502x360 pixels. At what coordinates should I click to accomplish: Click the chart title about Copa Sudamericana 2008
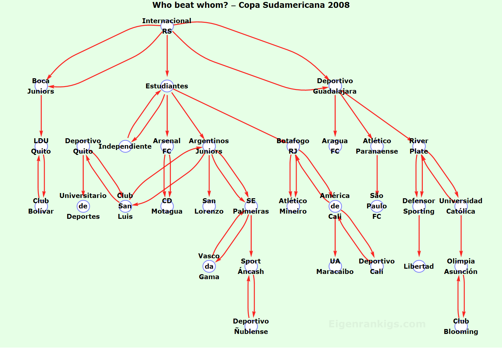(251, 5)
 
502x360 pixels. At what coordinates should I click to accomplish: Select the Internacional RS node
(167, 26)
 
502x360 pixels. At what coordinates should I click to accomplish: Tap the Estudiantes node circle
(167, 86)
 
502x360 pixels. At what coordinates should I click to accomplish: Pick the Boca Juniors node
(41, 86)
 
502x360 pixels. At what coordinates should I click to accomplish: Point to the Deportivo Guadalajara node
(335, 86)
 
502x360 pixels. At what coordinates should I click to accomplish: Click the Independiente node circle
(125, 146)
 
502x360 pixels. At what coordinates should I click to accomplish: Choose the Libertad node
(419, 266)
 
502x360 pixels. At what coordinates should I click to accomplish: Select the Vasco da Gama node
(209, 266)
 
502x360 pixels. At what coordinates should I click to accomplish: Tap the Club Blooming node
(461, 326)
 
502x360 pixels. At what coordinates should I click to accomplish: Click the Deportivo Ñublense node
(251, 326)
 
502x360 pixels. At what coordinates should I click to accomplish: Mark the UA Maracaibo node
(335, 266)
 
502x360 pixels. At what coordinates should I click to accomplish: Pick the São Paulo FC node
(377, 206)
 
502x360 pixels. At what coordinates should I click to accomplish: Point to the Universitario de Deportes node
(83, 206)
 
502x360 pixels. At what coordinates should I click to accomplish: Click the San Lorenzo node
(209, 206)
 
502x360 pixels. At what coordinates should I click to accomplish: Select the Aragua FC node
(335, 146)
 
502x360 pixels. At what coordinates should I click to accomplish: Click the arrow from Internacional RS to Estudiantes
(167, 55)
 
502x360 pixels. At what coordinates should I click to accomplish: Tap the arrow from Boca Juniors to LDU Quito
(41, 114)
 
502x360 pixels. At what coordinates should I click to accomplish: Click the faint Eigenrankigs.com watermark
(377, 324)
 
